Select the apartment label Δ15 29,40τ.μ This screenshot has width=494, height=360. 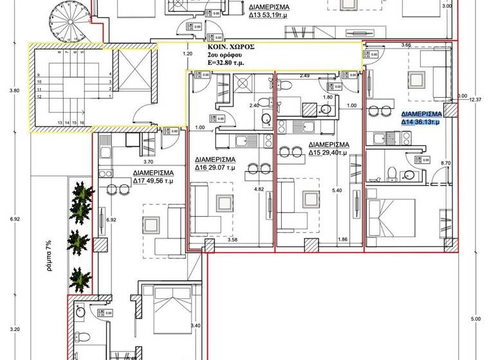(x=328, y=153)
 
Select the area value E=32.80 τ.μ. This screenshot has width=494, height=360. (x=232, y=64)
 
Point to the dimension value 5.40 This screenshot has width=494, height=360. (x=335, y=191)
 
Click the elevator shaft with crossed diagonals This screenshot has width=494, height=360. (x=133, y=75)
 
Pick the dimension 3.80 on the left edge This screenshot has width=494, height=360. (x=14, y=91)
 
